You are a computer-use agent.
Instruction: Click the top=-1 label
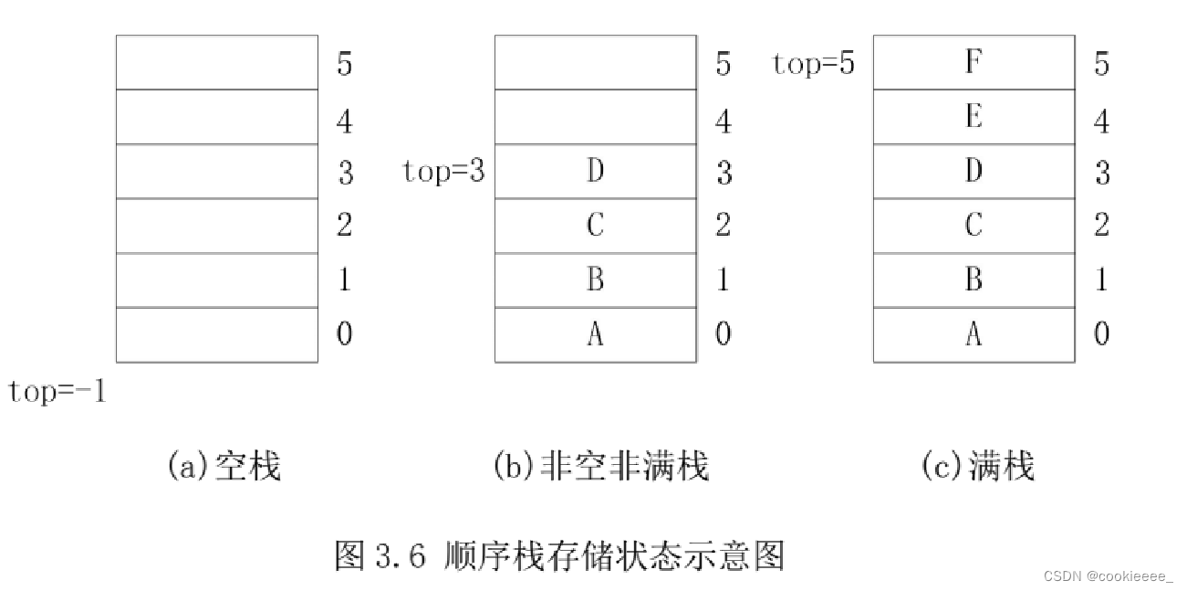57,392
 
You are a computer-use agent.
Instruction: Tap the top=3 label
443,171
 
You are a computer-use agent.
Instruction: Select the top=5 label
813,63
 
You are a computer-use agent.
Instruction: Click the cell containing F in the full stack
974,62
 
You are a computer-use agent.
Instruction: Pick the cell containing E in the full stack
974,117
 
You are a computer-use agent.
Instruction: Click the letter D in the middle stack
595,171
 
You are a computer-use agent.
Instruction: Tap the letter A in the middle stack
595,334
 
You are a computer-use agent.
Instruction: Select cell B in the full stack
974,280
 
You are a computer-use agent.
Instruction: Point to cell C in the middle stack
595,226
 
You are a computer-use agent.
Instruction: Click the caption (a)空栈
224,466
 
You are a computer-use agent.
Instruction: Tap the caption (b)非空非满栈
600,466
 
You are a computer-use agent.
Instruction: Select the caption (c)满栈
977,466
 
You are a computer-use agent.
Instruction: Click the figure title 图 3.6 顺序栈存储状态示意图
559,554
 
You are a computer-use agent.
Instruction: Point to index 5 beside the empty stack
344,64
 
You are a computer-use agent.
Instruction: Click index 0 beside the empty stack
344,334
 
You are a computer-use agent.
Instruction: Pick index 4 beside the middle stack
723,120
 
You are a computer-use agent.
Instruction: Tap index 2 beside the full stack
1101,226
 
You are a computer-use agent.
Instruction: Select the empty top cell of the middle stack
595,62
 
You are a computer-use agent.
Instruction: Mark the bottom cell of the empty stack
216,334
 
